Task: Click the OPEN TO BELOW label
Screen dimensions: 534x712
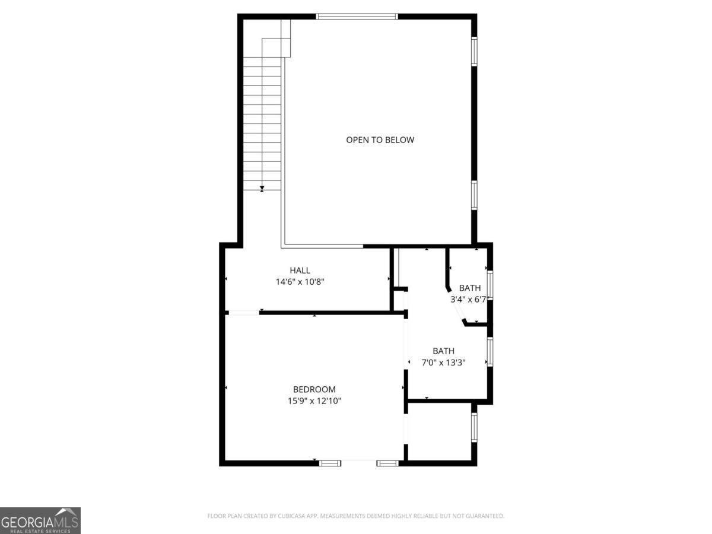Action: [380, 140]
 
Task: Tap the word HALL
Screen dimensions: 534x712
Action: [300, 271]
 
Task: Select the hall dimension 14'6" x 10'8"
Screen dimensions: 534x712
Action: [300, 282]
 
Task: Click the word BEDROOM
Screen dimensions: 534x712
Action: [314, 390]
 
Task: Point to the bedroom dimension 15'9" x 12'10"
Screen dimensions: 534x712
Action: [314, 401]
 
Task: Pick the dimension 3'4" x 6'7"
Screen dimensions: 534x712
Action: [469, 300]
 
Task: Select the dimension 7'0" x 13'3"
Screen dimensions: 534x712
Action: [443, 363]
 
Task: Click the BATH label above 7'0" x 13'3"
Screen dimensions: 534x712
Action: [443, 351]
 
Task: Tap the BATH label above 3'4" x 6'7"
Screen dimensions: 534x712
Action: [470, 288]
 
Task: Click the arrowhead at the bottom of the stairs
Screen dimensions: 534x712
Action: [262, 189]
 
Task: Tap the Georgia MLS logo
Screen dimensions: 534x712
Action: [40, 520]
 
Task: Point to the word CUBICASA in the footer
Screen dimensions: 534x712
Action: [292, 516]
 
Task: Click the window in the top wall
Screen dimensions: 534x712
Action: [357, 17]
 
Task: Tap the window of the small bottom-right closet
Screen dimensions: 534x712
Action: [474, 427]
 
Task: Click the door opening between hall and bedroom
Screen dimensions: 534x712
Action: [243, 313]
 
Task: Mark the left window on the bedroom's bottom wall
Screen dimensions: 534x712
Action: [330, 463]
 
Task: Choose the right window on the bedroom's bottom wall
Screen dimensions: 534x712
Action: [387, 463]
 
